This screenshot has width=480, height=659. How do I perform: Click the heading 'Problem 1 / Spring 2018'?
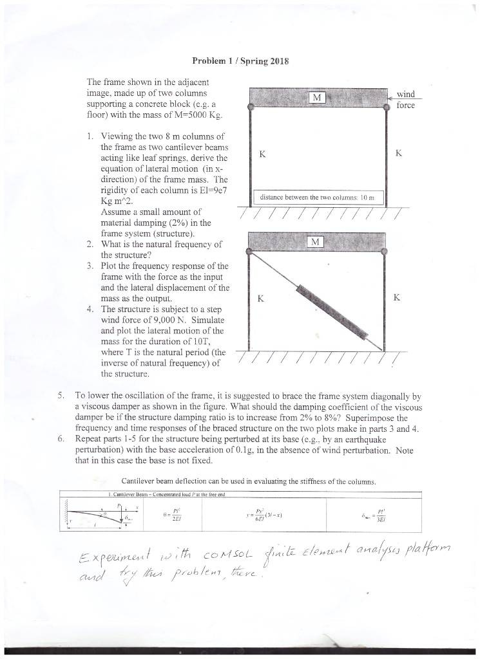coord(240,62)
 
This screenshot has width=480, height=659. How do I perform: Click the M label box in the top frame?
coord(316,98)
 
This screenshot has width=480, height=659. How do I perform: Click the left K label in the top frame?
coord(261,154)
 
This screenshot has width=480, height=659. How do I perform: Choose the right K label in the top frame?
coord(399,154)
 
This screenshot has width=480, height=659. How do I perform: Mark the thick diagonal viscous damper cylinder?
coord(330,311)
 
